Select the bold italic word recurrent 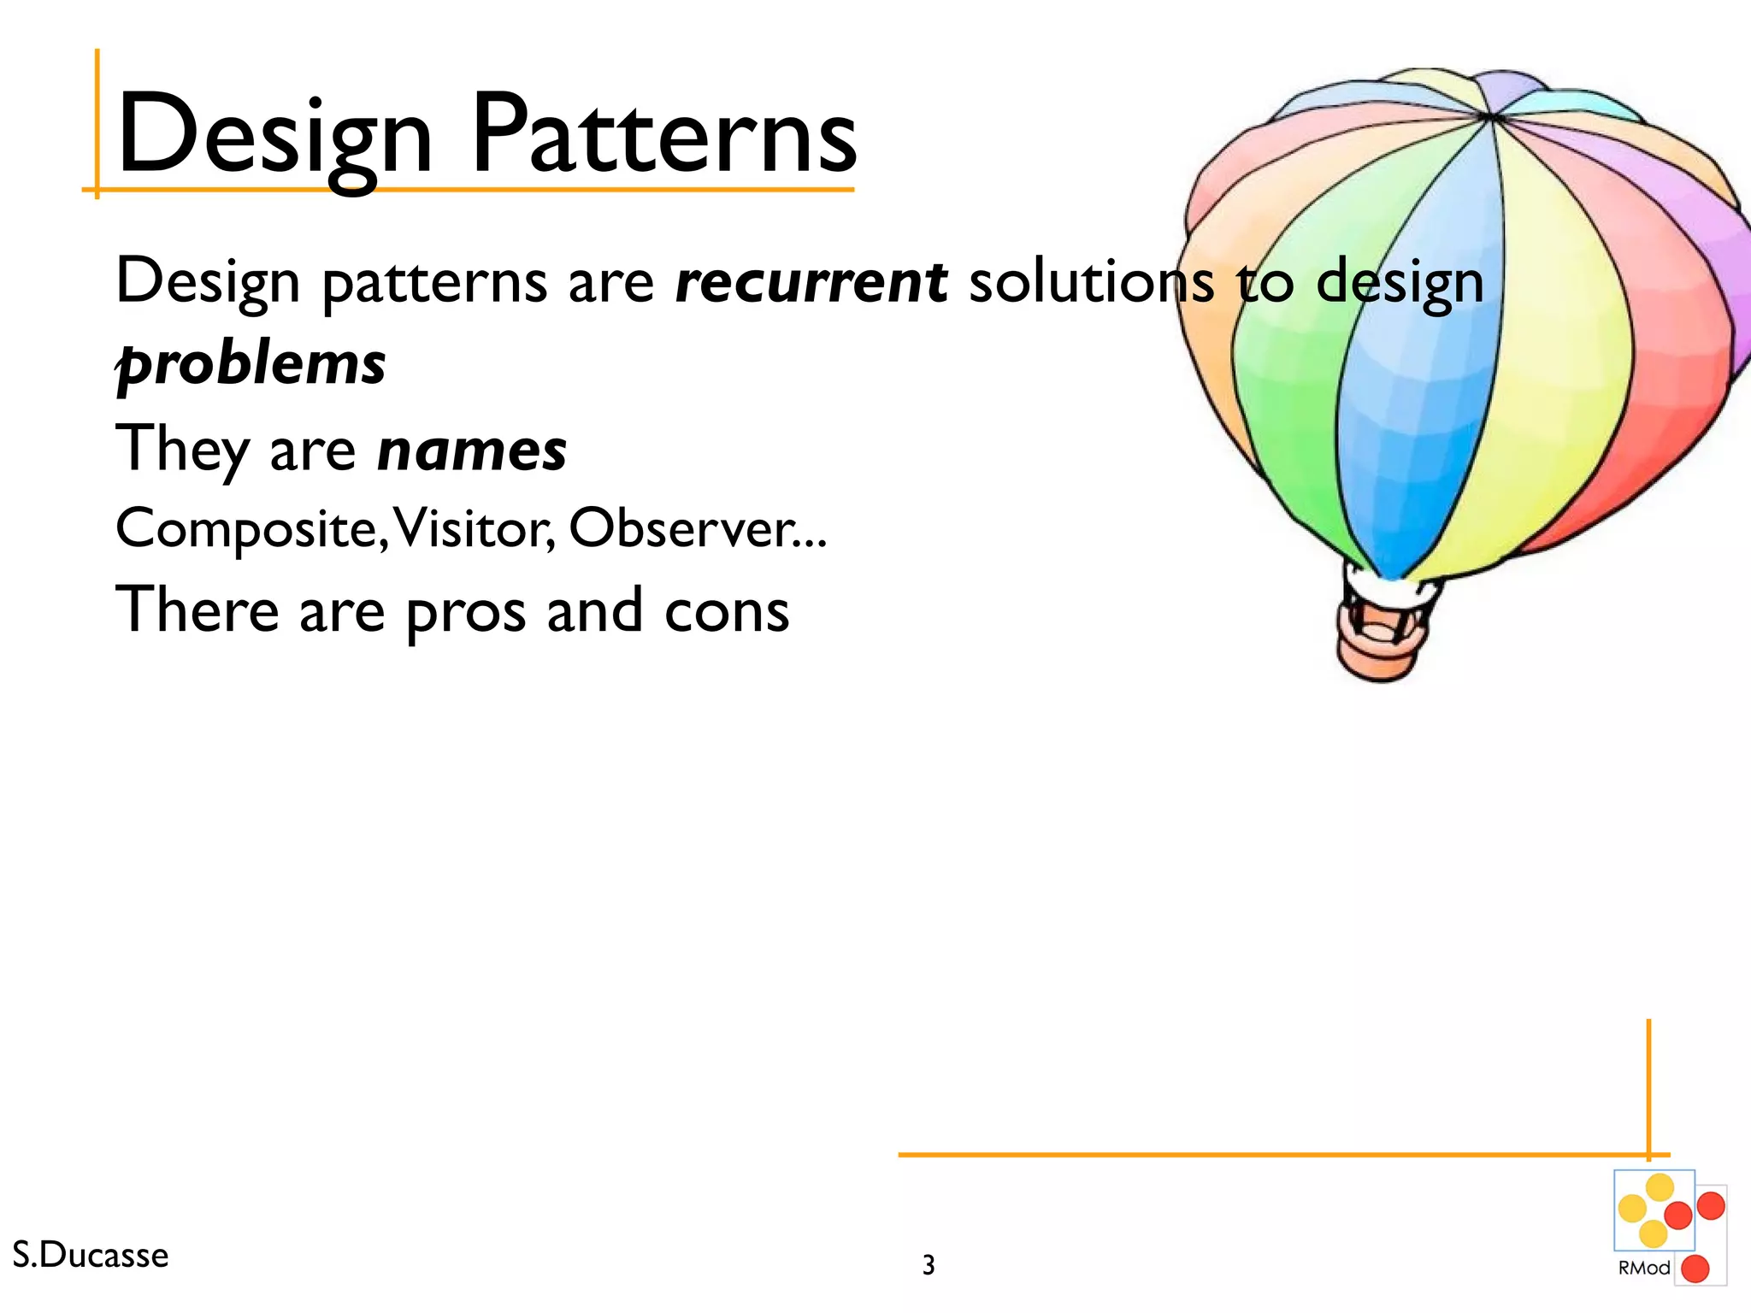click(x=811, y=281)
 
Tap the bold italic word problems click(x=251, y=363)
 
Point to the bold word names click(x=472, y=450)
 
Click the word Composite click(x=246, y=529)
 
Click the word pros click(x=465, y=612)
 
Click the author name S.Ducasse click(x=91, y=1255)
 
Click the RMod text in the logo click(x=1643, y=1268)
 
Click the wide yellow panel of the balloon click(x=1556, y=359)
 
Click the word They click(x=182, y=450)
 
